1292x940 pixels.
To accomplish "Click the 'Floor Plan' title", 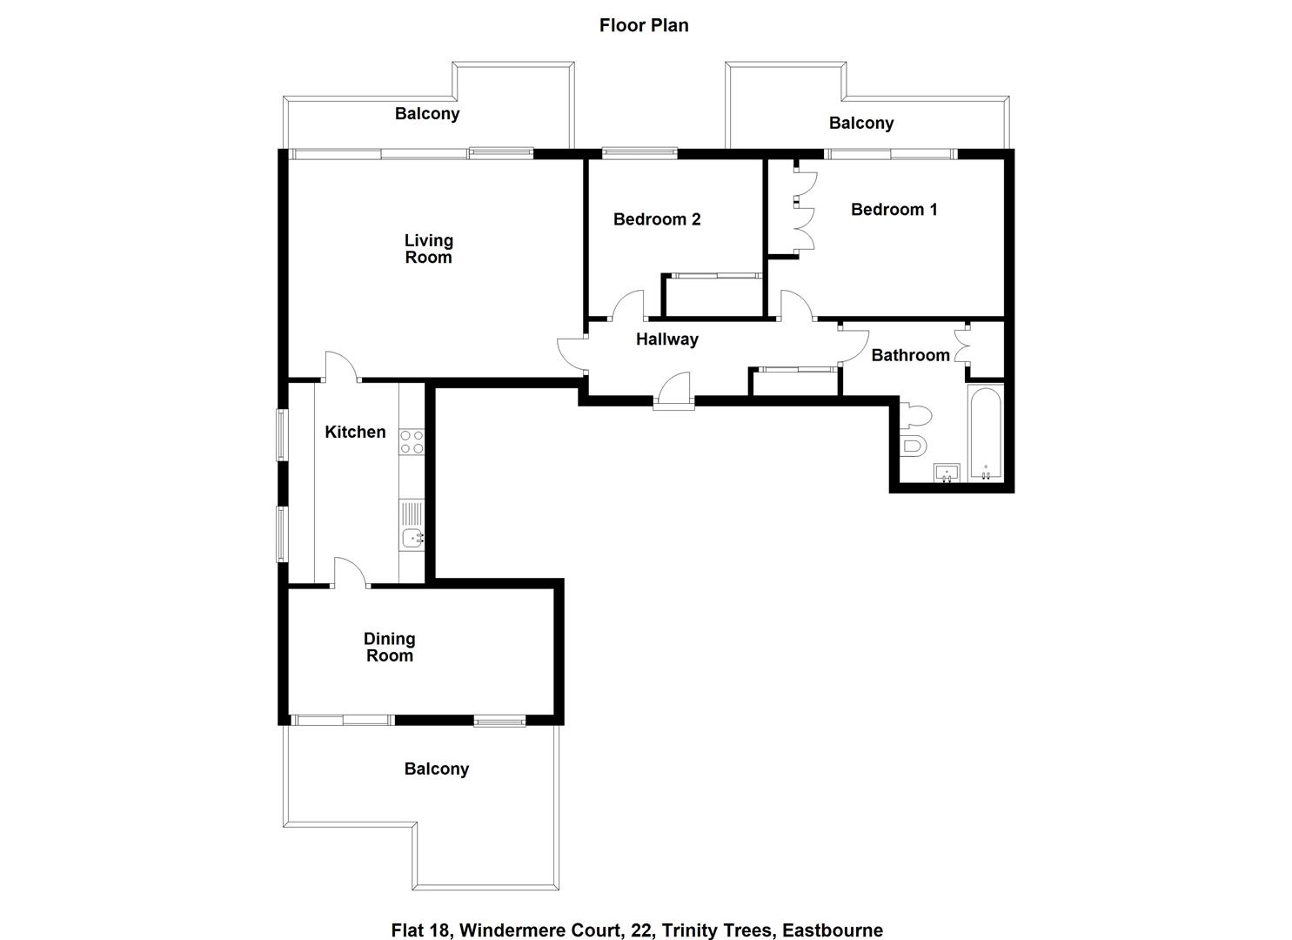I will (644, 25).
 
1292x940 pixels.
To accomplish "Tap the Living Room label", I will (428, 249).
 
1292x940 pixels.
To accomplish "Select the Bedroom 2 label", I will (657, 219).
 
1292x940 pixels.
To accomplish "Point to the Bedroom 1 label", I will (894, 210).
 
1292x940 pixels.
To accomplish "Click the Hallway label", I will (666, 339).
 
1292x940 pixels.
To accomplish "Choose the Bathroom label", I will (910, 355).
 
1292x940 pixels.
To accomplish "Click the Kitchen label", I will (355, 433).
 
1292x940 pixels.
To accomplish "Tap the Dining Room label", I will (389, 648).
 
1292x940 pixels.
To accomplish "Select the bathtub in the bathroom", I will (986, 433).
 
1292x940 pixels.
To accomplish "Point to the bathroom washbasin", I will (947, 473).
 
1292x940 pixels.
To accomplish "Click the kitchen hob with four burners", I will (412, 441).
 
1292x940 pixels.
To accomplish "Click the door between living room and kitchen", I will (342, 367).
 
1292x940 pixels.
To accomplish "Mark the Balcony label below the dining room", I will (436, 769).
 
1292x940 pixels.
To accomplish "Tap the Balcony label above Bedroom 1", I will (860, 124).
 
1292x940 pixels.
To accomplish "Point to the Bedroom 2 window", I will (639, 153).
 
